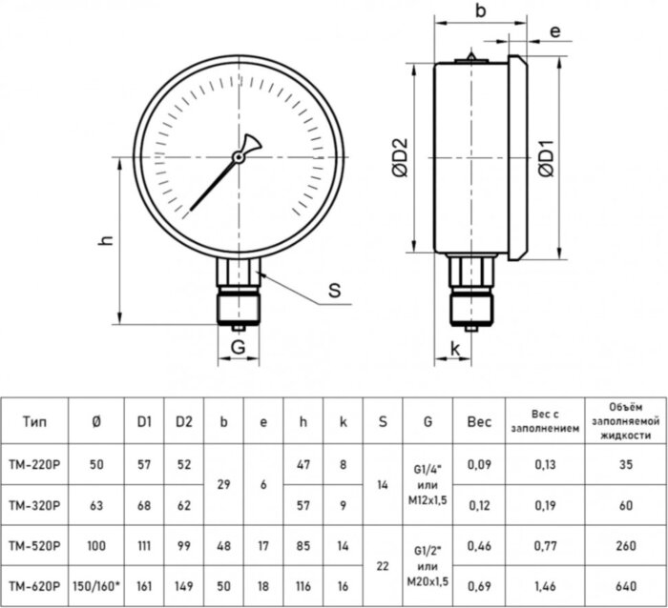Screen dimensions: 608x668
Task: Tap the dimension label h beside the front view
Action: pyautogui.click(x=107, y=242)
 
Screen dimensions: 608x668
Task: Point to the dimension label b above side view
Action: pyautogui.click(x=480, y=12)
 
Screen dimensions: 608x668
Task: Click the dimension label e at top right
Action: pyautogui.click(x=554, y=31)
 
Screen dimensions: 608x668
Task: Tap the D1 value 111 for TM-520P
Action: pyautogui.click(x=143, y=545)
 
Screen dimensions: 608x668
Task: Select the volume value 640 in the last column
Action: pyautogui.click(x=625, y=584)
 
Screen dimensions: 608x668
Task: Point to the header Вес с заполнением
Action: pyautogui.click(x=554, y=421)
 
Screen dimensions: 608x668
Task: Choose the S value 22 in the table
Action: pyautogui.click(x=382, y=564)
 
